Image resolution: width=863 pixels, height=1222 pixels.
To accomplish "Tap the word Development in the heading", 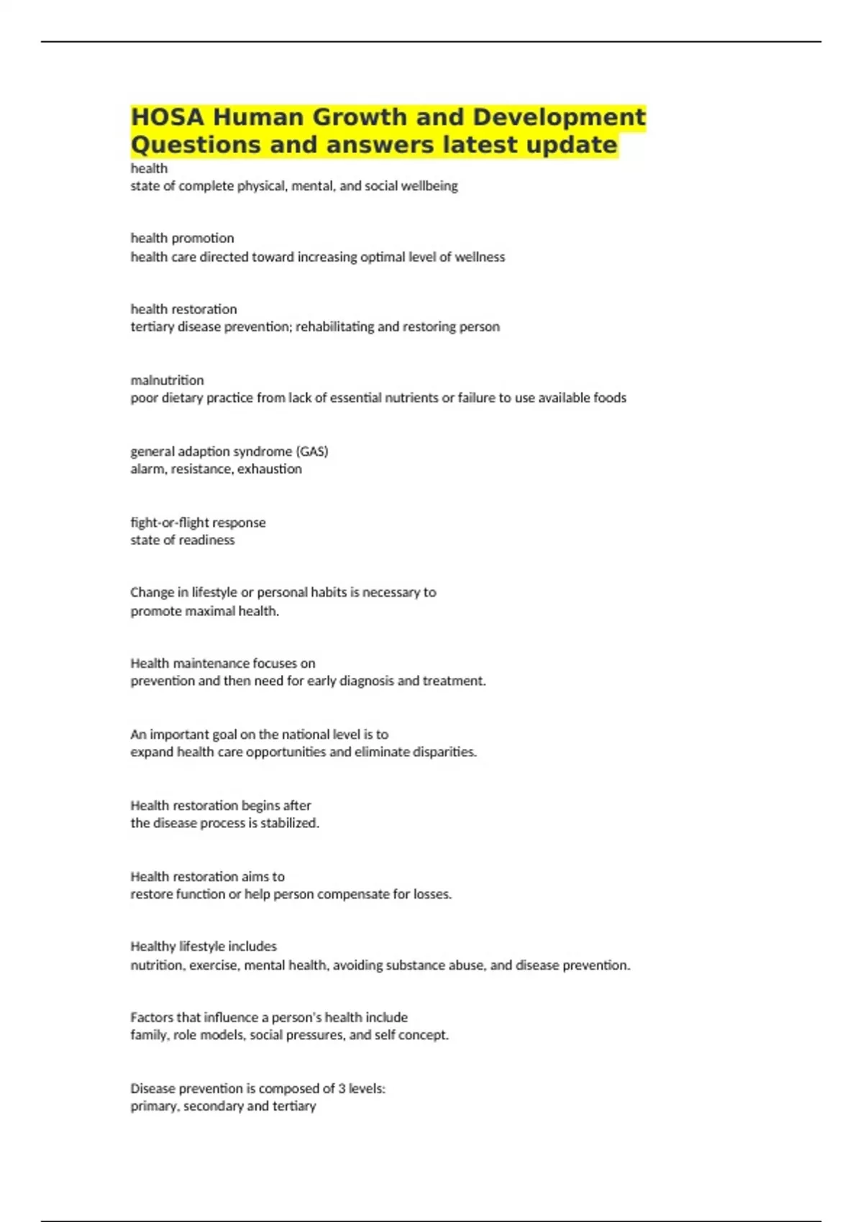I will [559, 117].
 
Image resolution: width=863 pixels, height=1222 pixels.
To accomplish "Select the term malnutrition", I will [167, 380].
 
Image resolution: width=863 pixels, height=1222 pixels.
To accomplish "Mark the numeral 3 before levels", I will [342, 1089].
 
